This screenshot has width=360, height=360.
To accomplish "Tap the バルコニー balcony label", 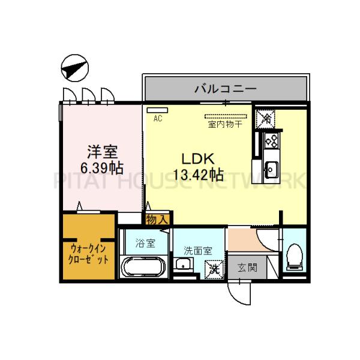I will point(225,89).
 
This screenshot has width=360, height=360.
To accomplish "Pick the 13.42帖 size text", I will point(199,175).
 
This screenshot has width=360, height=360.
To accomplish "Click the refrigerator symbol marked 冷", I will point(265,118).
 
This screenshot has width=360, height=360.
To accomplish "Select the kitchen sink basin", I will point(271,169).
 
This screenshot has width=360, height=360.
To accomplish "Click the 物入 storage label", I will point(157,220).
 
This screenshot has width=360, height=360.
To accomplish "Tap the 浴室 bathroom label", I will point(145,244).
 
